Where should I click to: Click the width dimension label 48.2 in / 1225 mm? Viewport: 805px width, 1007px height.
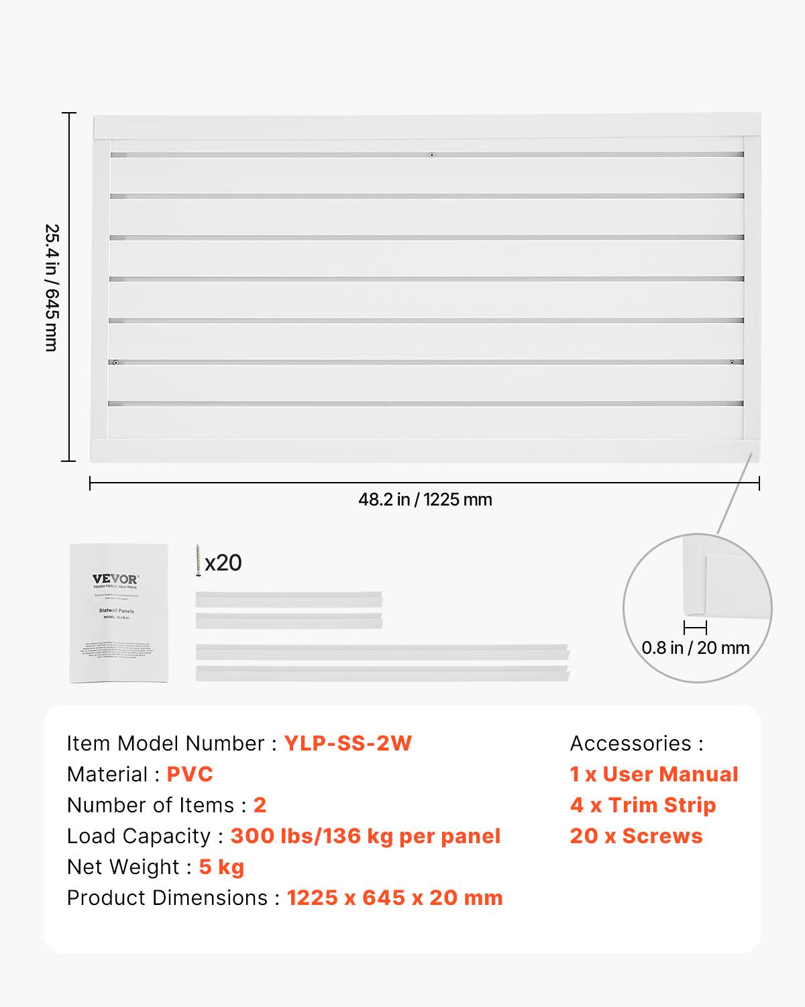click(x=425, y=499)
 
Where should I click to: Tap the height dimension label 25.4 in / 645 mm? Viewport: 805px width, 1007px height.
click(x=52, y=287)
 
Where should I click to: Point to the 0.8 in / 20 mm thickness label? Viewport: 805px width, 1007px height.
click(x=695, y=648)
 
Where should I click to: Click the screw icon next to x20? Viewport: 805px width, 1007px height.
click(x=199, y=561)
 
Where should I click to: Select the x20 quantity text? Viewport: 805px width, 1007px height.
click(x=223, y=563)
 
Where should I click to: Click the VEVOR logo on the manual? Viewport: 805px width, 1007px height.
click(x=116, y=579)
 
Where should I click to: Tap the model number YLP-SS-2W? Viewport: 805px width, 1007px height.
click(x=347, y=743)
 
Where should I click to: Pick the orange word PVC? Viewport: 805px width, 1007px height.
click(x=190, y=774)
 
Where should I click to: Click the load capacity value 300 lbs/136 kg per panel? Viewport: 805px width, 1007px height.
click(x=366, y=836)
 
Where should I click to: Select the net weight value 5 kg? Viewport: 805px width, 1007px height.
click(x=221, y=867)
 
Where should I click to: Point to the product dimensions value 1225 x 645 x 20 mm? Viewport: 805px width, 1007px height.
click(x=394, y=898)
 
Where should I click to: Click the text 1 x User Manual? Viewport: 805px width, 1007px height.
click(x=654, y=774)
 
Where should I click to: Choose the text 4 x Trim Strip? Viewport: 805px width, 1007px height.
click(x=643, y=805)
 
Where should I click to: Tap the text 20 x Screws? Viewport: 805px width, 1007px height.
click(x=636, y=836)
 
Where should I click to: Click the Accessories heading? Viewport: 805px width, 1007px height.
click(x=637, y=743)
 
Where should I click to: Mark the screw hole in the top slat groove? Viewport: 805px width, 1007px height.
click(x=432, y=155)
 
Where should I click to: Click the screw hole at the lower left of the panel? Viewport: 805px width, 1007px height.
click(x=116, y=363)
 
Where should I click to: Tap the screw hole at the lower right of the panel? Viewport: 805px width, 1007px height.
click(x=732, y=363)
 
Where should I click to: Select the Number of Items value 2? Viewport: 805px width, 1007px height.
click(x=260, y=805)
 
